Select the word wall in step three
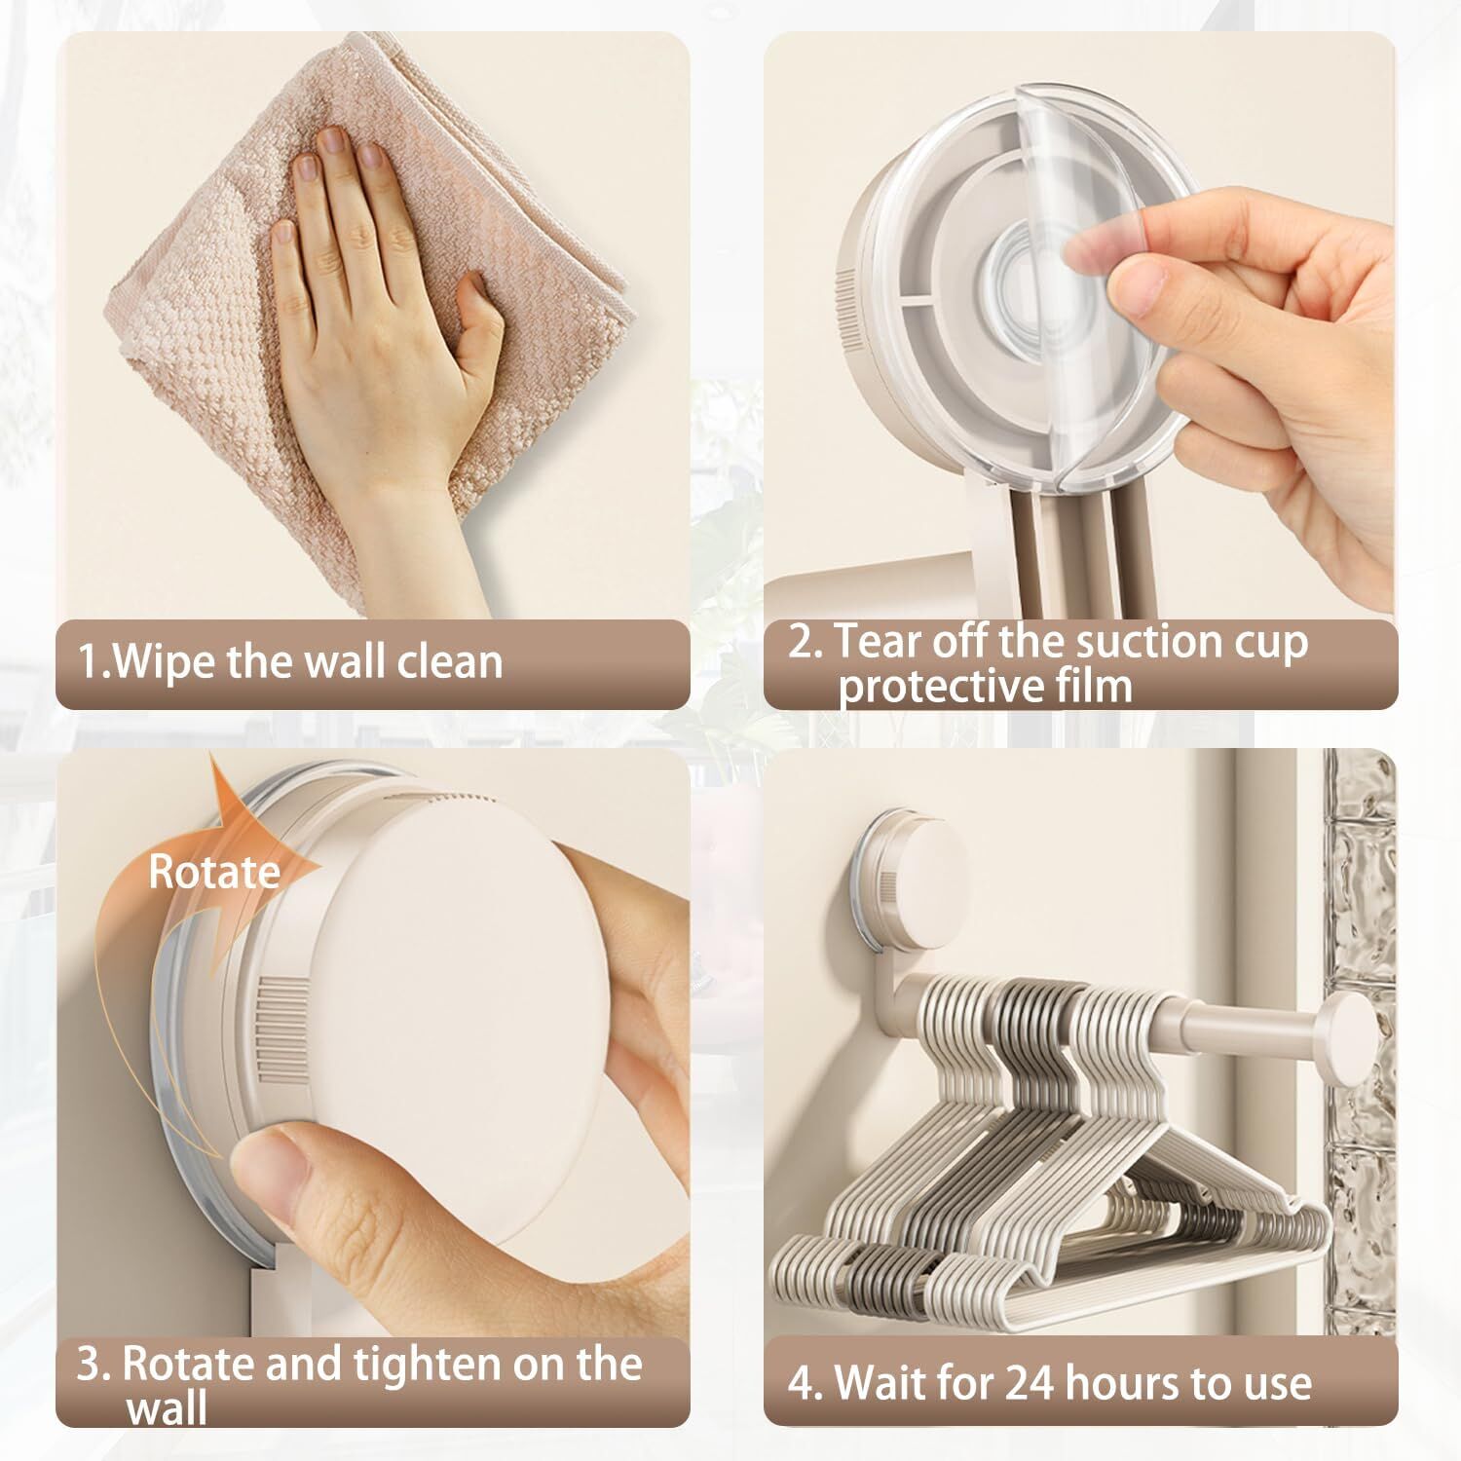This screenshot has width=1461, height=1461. [x=167, y=1408]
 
